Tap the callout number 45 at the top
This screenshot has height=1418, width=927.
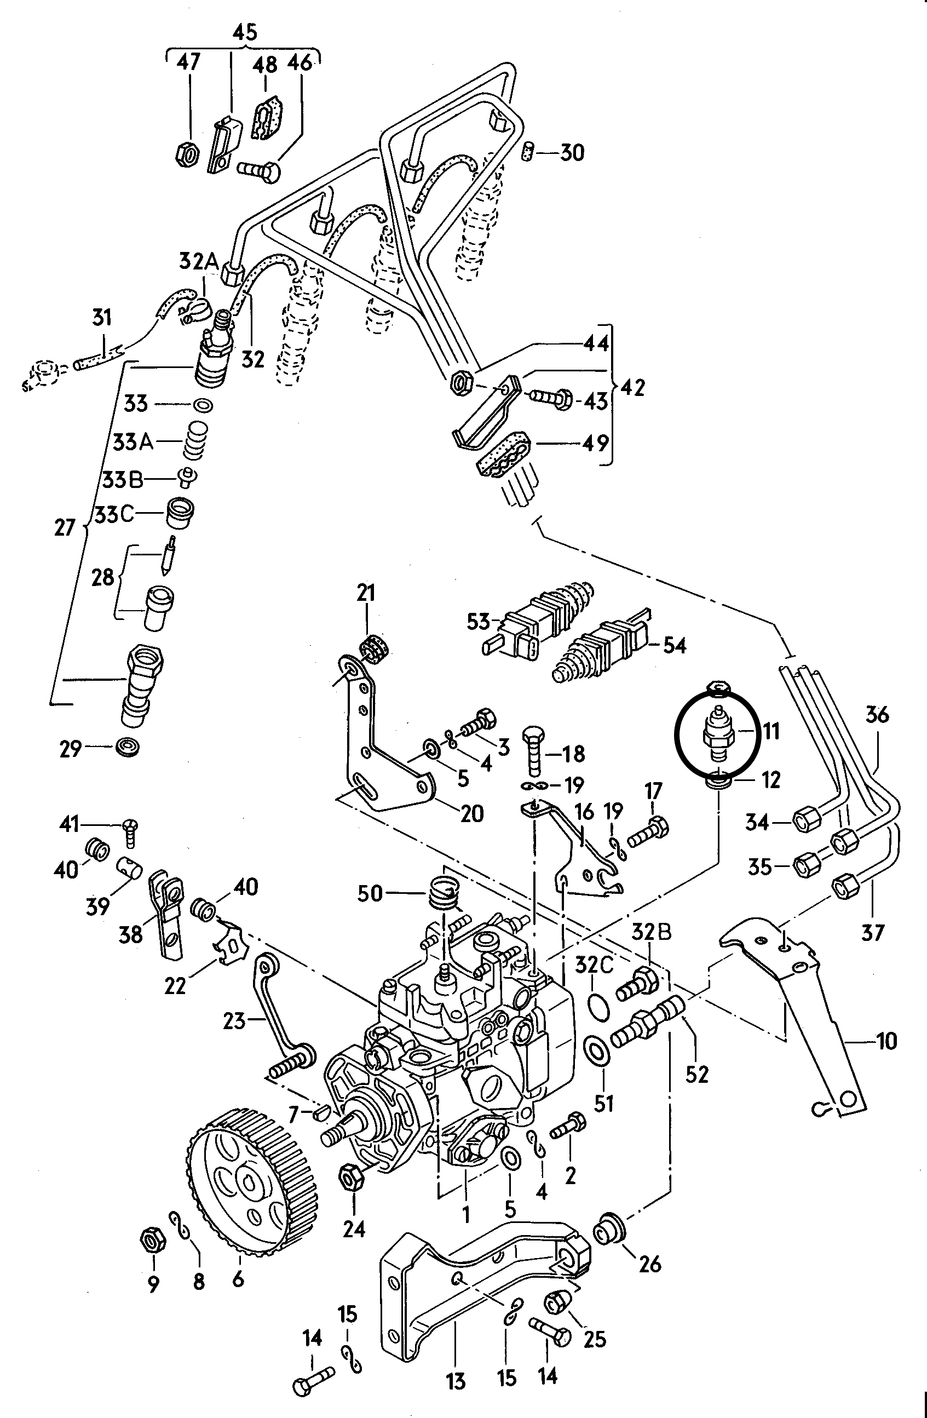(x=245, y=33)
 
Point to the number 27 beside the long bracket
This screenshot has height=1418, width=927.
(x=65, y=527)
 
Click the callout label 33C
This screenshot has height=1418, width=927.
(x=114, y=514)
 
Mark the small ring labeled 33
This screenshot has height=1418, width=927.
(x=202, y=405)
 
